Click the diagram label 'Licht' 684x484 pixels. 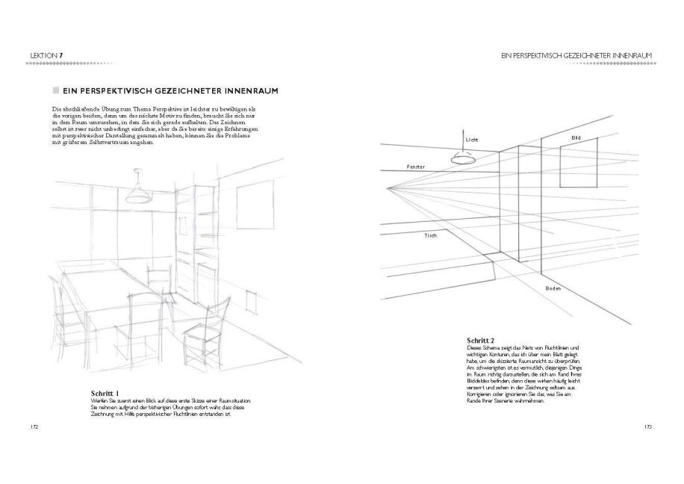click(x=471, y=140)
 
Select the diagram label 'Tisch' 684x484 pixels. click(x=430, y=235)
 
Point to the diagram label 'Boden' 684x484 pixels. click(x=553, y=288)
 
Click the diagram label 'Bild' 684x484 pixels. click(x=576, y=138)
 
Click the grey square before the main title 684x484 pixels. click(x=55, y=91)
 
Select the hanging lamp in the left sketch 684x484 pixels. click(x=136, y=194)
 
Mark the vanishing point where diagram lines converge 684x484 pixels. click(x=389, y=190)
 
